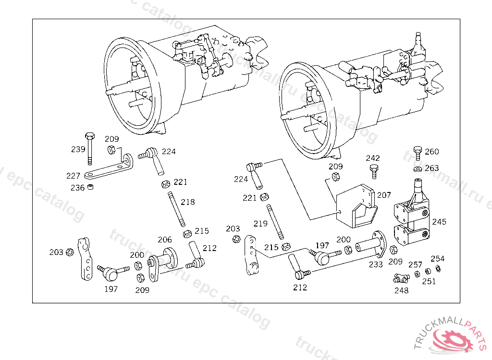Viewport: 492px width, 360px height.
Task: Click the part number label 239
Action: point(78,149)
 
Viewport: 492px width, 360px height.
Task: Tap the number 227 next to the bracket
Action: point(73,176)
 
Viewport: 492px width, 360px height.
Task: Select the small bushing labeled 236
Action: point(90,187)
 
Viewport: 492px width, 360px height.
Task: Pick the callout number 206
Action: point(165,240)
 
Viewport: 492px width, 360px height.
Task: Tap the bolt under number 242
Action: point(373,170)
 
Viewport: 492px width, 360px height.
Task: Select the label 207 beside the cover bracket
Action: point(384,195)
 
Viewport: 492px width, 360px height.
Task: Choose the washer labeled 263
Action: point(418,168)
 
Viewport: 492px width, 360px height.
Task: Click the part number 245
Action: point(439,222)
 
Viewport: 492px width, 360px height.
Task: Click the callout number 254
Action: point(437,259)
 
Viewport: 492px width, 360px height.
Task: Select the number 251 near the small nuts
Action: point(429,281)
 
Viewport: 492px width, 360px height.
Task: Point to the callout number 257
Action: point(415,264)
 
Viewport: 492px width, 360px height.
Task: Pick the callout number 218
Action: point(188,202)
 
